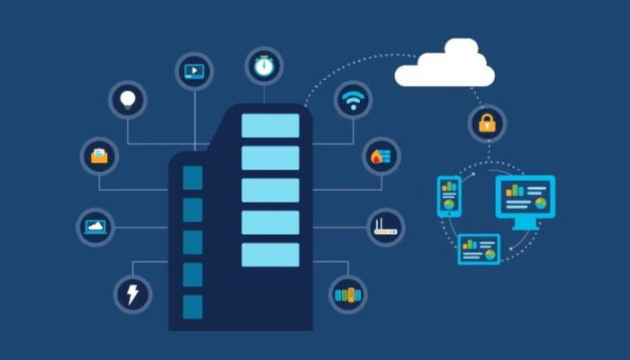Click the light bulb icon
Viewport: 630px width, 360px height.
point(128,98)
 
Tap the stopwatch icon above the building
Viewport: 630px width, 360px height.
point(264,66)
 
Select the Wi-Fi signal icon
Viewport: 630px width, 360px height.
point(353,99)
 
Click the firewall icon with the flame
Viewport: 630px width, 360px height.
point(381,156)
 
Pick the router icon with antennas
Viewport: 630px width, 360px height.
point(385,227)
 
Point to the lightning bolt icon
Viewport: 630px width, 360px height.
point(132,293)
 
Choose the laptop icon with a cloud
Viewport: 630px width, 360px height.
point(95,227)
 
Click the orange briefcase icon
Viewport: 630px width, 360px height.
point(99,156)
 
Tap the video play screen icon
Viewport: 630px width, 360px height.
point(194,69)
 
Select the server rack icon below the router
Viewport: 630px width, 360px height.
point(347,294)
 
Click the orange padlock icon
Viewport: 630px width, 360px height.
point(487,124)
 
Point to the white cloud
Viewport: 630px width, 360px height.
point(445,65)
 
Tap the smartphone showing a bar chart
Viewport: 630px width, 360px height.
point(449,195)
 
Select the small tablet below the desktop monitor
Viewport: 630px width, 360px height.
point(479,248)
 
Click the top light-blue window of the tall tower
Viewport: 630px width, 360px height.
point(270,126)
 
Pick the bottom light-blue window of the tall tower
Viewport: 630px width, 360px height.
point(270,255)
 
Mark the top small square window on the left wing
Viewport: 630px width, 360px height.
point(193,177)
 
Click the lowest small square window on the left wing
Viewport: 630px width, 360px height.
point(193,307)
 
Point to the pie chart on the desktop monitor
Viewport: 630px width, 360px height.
point(540,203)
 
